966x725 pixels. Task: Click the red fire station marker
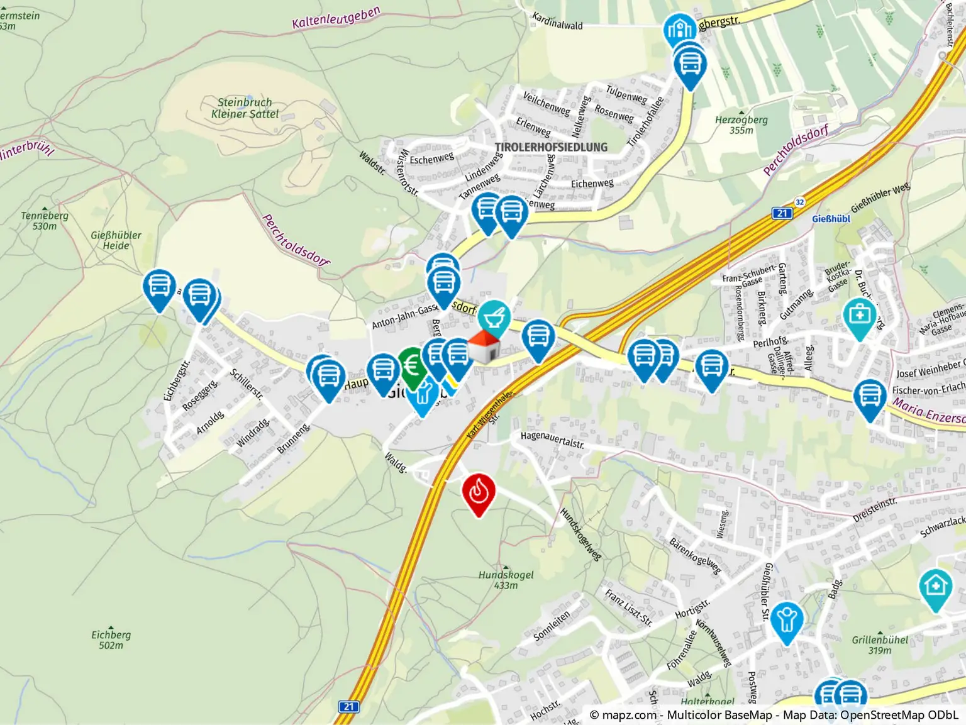point(479,492)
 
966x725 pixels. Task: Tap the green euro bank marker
point(412,366)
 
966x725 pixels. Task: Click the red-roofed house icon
point(484,347)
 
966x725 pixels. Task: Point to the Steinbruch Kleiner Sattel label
point(245,108)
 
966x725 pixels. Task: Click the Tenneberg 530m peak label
point(45,221)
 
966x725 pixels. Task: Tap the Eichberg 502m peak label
point(111,639)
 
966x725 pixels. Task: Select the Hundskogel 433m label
point(506,580)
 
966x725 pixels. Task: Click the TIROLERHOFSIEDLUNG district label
point(551,147)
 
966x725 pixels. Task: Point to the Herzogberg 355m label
point(741,125)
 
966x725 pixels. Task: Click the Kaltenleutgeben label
point(336,18)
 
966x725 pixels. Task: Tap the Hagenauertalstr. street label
point(552,440)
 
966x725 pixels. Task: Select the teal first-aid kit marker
point(860,316)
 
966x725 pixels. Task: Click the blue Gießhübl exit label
point(830,219)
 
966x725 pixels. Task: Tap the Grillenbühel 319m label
point(880,645)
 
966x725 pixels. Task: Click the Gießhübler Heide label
point(116,240)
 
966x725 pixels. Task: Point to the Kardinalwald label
point(557,21)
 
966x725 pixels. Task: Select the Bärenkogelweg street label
point(695,556)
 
